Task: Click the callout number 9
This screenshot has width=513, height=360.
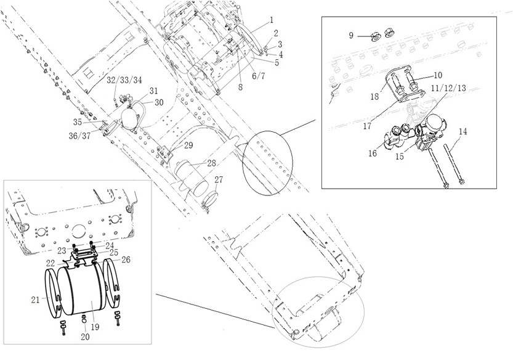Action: click(351, 35)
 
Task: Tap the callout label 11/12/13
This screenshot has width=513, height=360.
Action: click(448, 88)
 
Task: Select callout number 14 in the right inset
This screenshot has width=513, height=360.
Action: click(463, 132)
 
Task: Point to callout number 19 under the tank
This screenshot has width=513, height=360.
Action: click(95, 327)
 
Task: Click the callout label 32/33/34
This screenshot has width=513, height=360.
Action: click(124, 80)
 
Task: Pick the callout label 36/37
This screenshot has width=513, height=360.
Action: click(79, 136)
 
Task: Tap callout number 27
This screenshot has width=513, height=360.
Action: click(219, 179)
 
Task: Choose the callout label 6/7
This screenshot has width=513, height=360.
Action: click(258, 76)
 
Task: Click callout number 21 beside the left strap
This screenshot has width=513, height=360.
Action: click(35, 300)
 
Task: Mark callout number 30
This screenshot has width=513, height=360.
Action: click(159, 102)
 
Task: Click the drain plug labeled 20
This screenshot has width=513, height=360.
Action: click(84, 318)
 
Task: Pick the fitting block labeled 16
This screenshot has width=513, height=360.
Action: click(397, 137)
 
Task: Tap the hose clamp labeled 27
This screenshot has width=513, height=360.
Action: click(209, 198)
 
